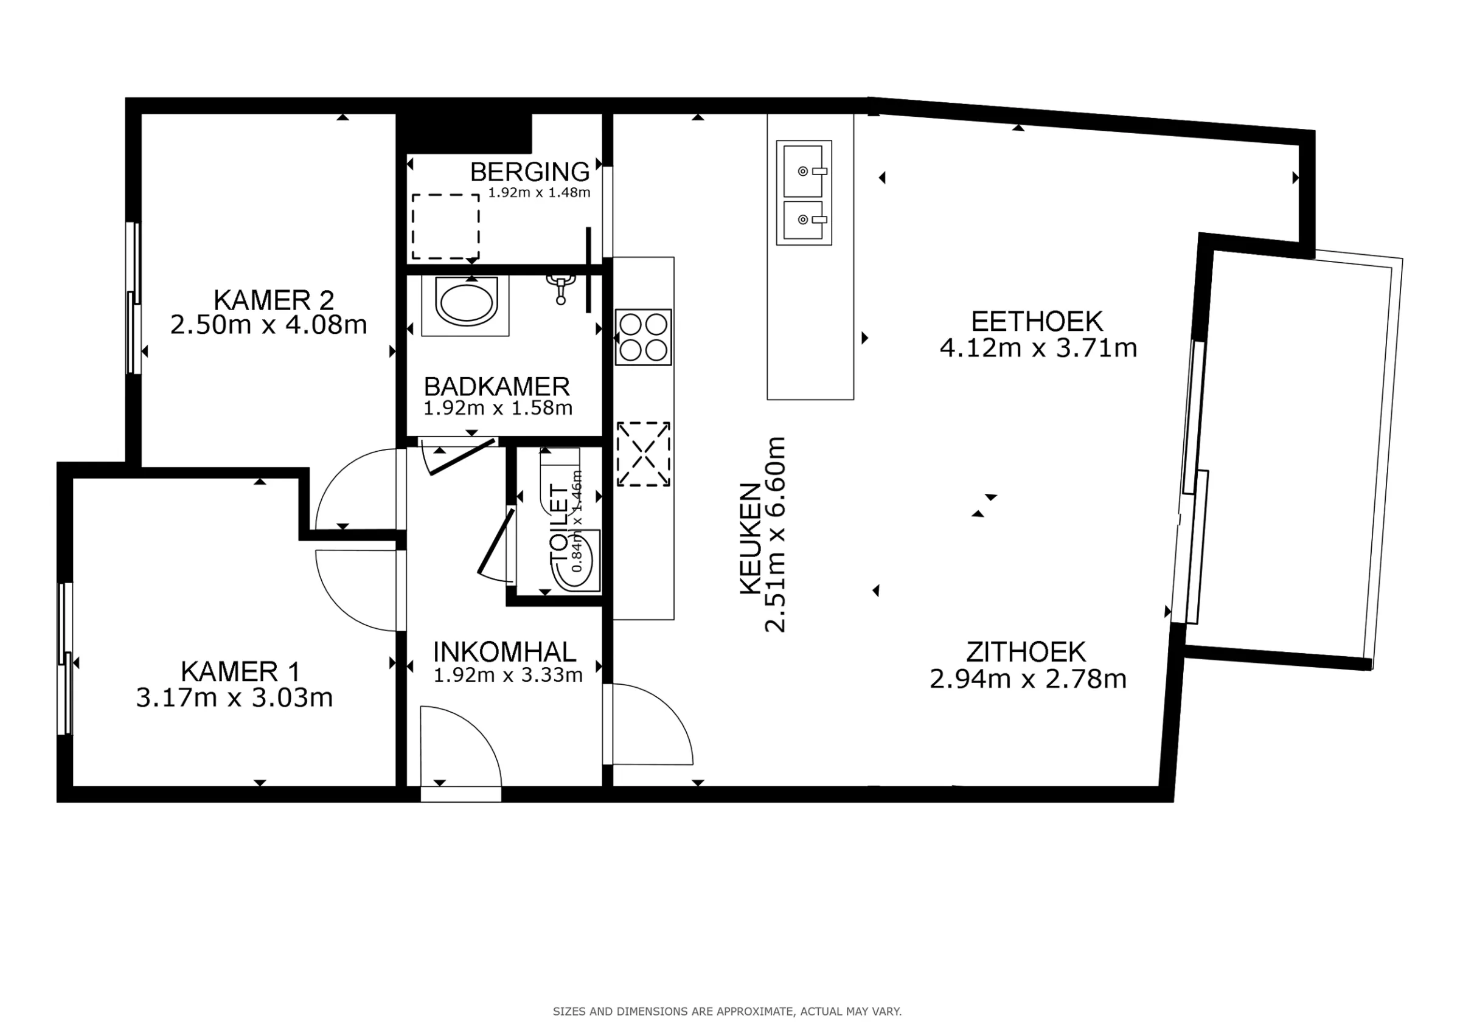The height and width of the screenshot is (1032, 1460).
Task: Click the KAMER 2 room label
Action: click(273, 299)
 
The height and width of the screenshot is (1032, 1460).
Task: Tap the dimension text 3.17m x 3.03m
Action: click(234, 698)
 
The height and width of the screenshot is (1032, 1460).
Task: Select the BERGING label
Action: click(530, 171)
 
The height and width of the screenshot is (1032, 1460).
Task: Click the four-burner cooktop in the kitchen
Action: click(643, 337)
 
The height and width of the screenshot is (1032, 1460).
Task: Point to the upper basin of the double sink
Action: click(804, 170)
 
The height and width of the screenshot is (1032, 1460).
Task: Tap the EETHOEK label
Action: click(1037, 322)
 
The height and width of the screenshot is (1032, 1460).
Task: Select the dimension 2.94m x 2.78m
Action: click(1027, 679)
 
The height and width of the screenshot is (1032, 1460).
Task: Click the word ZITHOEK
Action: click(1026, 653)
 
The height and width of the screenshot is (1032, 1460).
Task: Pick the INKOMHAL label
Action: click(504, 652)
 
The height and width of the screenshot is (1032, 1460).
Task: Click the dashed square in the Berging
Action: click(445, 226)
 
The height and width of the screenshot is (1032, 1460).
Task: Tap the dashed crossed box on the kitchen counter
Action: click(643, 454)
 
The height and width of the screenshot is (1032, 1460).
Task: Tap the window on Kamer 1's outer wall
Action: click(65, 659)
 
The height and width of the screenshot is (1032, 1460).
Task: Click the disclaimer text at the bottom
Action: click(727, 1011)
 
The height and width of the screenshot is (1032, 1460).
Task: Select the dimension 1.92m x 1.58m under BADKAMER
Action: click(498, 408)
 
